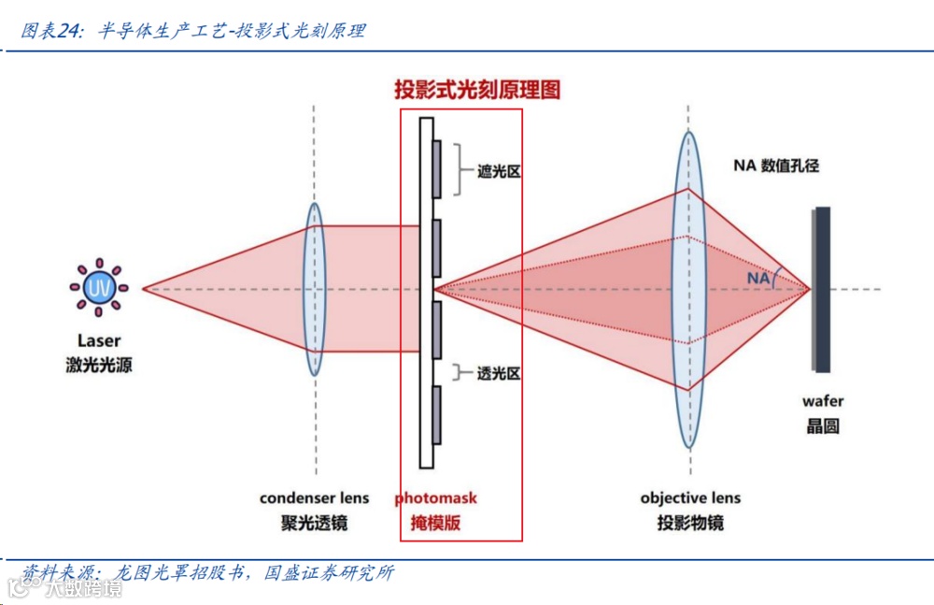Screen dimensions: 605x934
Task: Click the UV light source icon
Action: (99, 288)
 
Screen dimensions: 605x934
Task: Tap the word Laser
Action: (99, 342)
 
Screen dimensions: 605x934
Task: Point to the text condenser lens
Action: (314, 498)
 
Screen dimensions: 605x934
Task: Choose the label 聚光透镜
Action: (314, 523)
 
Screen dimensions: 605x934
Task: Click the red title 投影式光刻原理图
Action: (476, 90)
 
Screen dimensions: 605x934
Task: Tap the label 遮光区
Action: (498, 171)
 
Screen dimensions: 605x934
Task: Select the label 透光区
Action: (498, 373)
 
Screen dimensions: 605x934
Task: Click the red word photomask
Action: (435, 498)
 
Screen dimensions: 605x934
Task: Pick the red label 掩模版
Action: (435, 523)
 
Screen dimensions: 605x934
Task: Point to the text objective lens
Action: (690, 498)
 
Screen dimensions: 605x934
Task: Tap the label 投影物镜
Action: (690, 523)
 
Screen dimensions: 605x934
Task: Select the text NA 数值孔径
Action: (775, 166)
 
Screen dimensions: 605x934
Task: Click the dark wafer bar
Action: (822, 289)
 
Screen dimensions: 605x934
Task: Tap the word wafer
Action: (822, 401)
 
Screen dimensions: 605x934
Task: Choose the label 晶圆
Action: (822, 426)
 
